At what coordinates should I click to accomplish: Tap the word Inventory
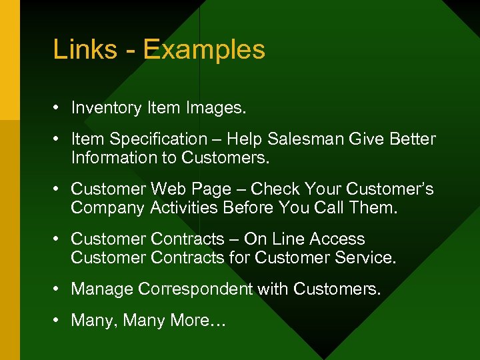click(107, 108)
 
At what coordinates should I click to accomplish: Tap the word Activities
click(185, 207)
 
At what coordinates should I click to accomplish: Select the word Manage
click(101, 289)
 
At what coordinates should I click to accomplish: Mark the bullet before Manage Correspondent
click(57, 289)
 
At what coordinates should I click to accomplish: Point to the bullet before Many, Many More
click(57, 321)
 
